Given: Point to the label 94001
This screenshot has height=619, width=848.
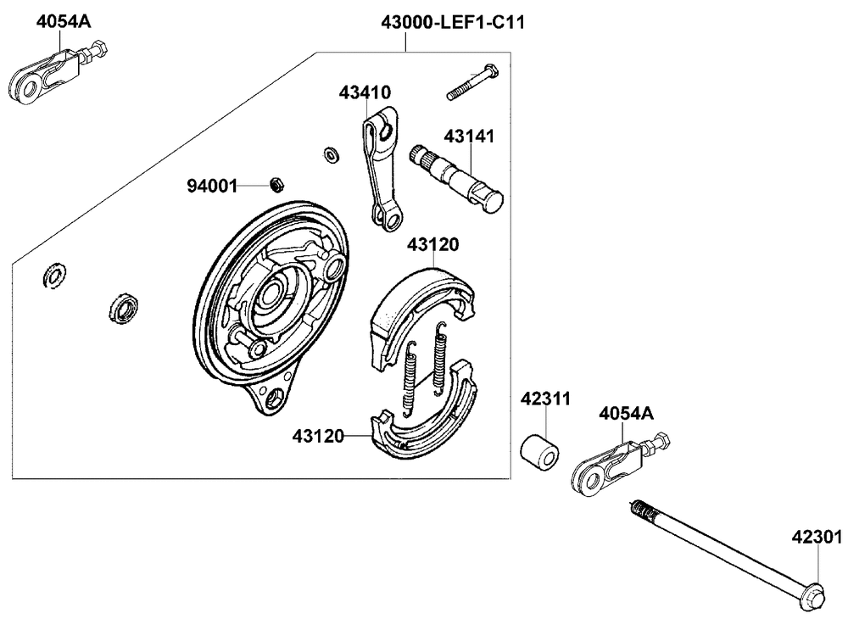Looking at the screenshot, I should (x=212, y=184).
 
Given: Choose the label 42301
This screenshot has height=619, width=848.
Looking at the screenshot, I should (x=817, y=536).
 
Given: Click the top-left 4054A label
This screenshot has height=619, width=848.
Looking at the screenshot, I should (x=63, y=23).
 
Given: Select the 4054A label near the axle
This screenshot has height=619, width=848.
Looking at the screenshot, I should (x=626, y=414).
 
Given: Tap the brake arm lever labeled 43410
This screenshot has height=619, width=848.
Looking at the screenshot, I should (x=379, y=170).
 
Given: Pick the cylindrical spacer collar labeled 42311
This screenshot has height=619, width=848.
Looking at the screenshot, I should (x=540, y=452).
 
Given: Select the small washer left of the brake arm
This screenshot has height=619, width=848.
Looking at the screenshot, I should (x=332, y=154).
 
